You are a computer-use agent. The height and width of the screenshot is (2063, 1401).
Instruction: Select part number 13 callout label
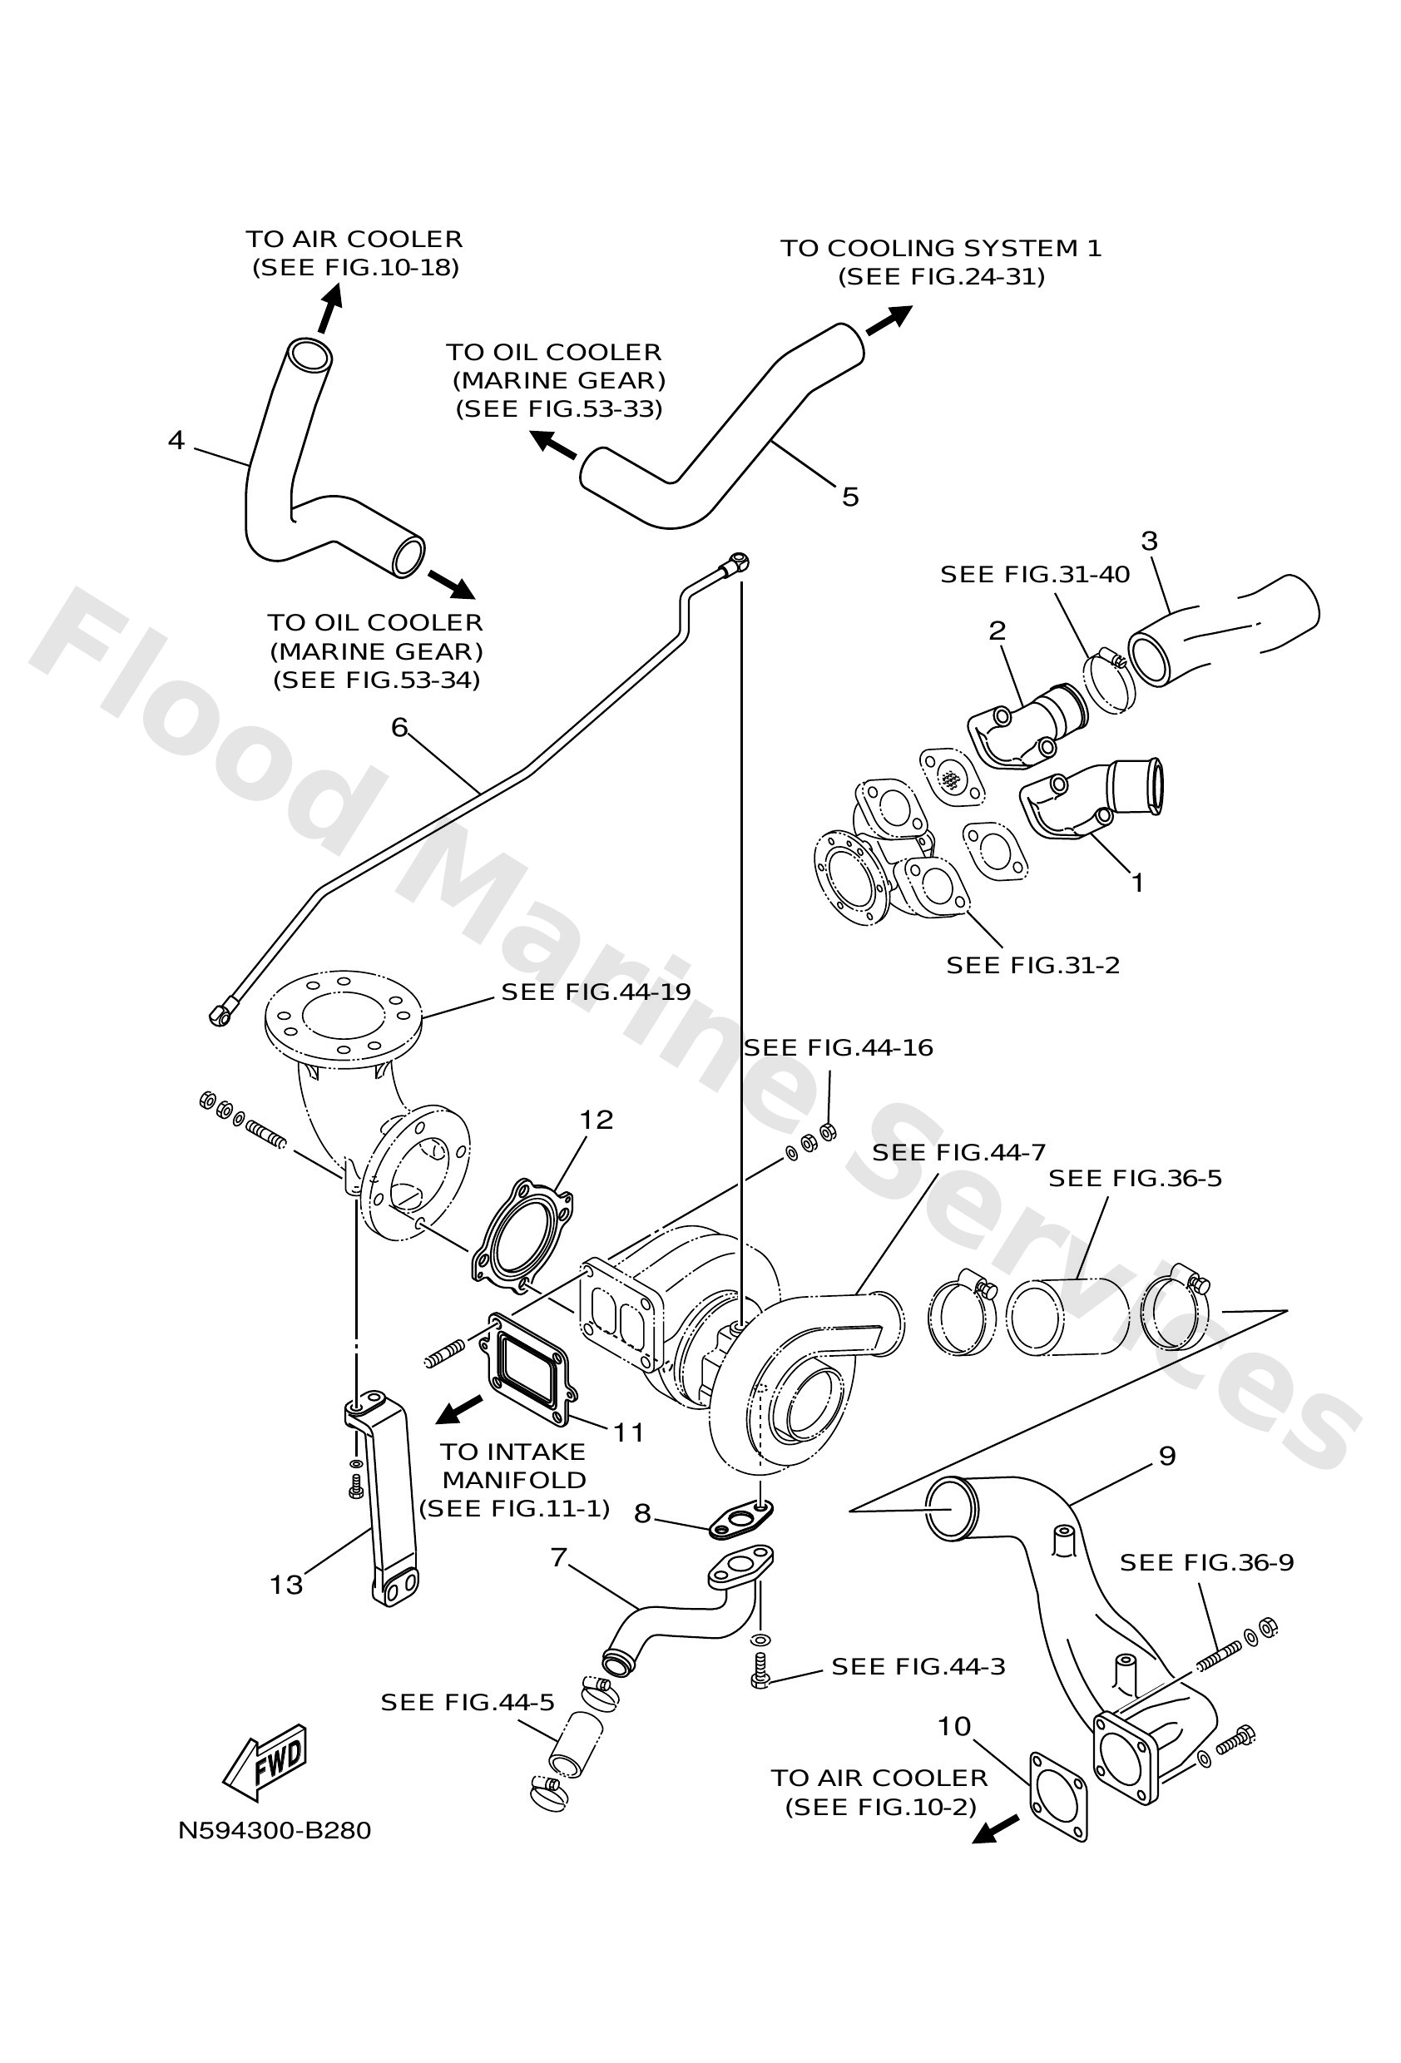point(286,1585)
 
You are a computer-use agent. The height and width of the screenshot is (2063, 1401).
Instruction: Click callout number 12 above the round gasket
point(596,1121)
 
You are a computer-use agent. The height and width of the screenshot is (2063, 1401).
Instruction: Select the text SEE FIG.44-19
point(596,992)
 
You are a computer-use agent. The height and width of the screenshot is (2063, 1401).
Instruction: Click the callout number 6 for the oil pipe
point(399,728)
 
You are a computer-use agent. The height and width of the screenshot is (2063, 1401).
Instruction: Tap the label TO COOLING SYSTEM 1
point(941,249)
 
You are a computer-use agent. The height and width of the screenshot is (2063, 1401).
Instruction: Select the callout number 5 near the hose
point(849,497)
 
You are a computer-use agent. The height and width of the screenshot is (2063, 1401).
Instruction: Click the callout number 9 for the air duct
point(1166,1456)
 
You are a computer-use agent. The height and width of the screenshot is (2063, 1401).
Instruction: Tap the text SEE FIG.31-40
point(1034,574)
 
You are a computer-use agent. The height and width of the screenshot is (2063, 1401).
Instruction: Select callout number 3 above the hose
point(1149,541)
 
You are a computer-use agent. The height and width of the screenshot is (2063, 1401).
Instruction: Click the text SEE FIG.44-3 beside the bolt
point(918,1666)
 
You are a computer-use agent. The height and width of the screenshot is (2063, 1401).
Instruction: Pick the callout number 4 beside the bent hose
point(176,439)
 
